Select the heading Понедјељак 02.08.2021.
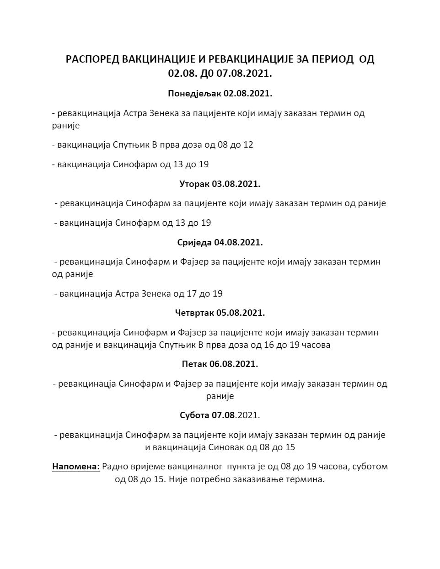pyautogui.click(x=220, y=94)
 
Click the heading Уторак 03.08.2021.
pyautogui.click(x=220, y=184)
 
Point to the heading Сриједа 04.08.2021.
pyautogui.click(x=220, y=242)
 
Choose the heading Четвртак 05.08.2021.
pyautogui.click(x=220, y=313)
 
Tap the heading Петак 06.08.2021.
pyautogui.click(x=220, y=364)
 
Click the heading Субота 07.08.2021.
pyautogui.click(x=220, y=415)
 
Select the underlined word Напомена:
pyautogui.click(x=76, y=467)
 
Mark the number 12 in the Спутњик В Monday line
pyautogui.click(x=248, y=145)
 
